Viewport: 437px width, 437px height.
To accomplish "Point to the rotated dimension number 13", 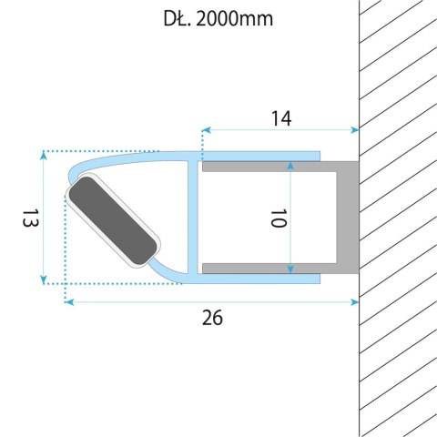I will (x=26, y=218).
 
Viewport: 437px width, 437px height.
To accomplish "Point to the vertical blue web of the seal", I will (x=193, y=218).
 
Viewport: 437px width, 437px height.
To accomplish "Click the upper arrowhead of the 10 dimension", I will (x=290, y=168).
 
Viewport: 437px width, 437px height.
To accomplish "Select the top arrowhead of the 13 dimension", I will (x=44, y=157).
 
